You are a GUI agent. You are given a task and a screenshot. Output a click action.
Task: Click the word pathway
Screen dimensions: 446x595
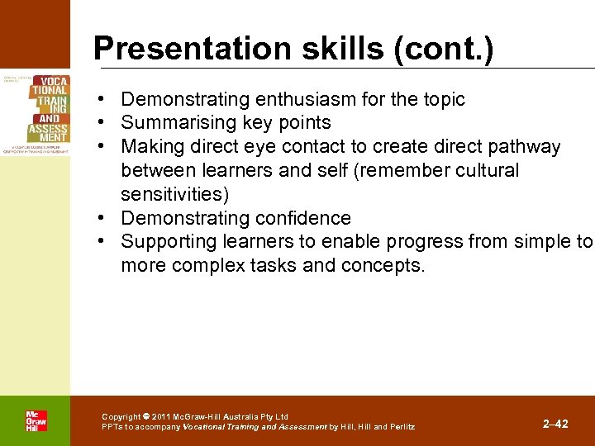[523, 147]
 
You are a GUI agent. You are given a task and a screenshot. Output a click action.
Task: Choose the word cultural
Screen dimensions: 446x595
[488, 171]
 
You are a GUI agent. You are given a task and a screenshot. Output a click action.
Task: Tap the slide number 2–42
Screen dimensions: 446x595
[555, 424]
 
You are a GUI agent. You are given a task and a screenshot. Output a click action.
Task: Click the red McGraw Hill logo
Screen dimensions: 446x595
[36, 420]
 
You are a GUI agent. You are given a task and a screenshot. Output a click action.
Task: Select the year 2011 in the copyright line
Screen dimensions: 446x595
[161, 417]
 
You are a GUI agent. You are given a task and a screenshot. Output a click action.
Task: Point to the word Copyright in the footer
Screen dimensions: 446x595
[121, 417]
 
